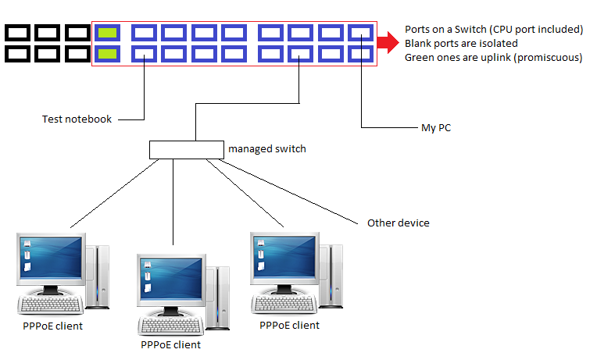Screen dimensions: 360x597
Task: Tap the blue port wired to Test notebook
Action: click(x=145, y=54)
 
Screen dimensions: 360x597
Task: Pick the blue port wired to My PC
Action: click(x=361, y=54)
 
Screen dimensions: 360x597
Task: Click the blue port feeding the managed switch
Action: click(x=301, y=54)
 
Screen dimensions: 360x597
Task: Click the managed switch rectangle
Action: click(x=185, y=148)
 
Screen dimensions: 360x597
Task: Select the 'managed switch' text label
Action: click(x=266, y=148)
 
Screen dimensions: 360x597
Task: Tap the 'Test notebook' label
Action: click(x=77, y=119)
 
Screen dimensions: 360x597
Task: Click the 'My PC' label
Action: click(x=435, y=127)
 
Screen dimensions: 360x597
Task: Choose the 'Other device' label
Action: click(x=398, y=223)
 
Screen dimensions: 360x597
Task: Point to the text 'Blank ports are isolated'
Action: click(x=460, y=43)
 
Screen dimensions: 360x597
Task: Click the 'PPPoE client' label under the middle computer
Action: click(x=170, y=344)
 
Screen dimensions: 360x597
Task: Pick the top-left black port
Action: click(x=17, y=33)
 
